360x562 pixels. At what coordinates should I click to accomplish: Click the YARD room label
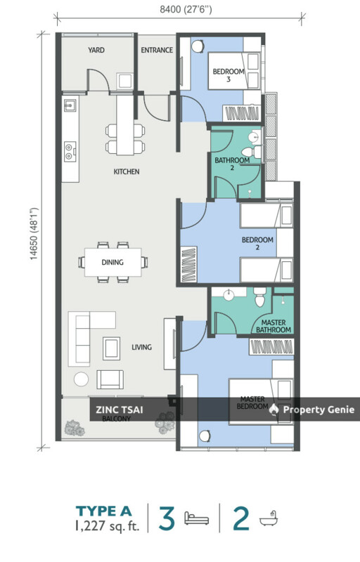[96, 50]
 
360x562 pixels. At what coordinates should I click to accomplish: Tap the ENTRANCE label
[157, 50]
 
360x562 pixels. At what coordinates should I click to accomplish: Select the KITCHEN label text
[127, 171]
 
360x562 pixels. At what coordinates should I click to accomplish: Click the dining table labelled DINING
[112, 262]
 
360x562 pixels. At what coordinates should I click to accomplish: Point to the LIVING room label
[141, 347]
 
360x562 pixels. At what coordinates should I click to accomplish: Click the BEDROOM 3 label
[229, 75]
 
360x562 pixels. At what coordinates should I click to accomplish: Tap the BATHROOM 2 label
[232, 164]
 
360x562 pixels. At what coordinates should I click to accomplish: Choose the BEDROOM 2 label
[257, 243]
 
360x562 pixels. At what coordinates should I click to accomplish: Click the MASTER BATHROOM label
[274, 326]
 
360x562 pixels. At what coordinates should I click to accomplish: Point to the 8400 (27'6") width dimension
[186, 9]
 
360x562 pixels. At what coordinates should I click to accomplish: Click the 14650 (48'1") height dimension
[34, 233]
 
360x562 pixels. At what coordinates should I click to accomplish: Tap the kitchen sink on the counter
[70, 105]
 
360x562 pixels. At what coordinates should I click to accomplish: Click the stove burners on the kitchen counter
[70, 151]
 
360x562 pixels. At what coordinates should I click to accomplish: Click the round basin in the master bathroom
[229, 295]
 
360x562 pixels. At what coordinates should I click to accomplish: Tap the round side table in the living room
[82, 379]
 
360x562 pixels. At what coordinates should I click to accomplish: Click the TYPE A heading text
[103, 511]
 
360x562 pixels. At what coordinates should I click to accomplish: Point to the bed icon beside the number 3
[196, 518]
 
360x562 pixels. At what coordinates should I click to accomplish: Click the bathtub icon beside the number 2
[269, 518]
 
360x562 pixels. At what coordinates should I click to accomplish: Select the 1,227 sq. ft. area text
[107, 525]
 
